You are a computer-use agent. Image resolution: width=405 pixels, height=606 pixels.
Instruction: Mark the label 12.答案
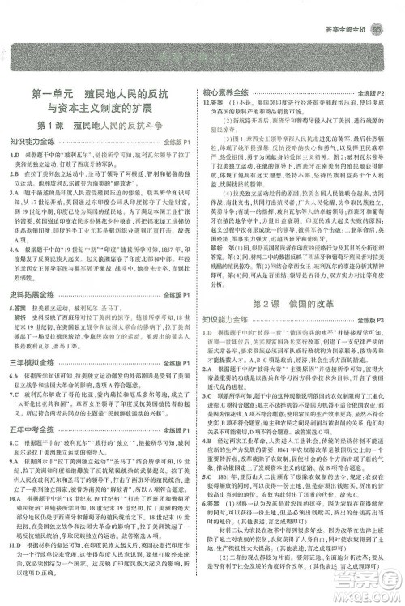tap(217, 104)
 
